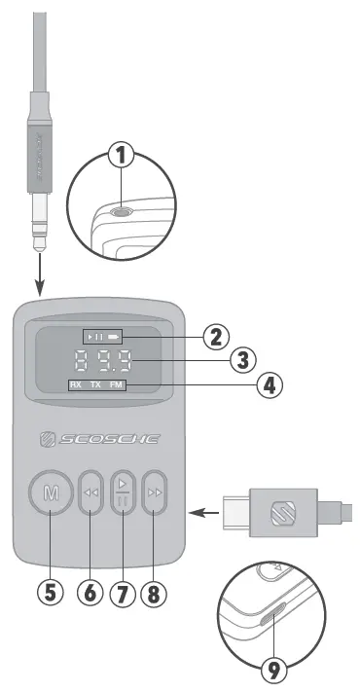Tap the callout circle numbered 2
pyautogui.click(x=216, y=338)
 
